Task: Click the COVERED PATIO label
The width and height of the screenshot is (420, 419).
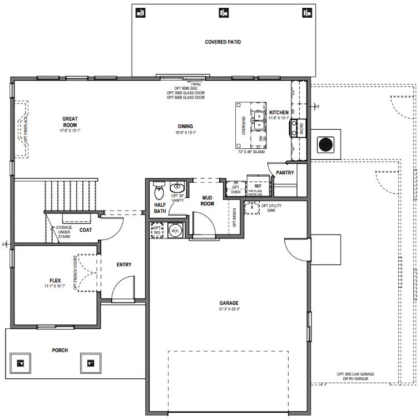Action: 223,42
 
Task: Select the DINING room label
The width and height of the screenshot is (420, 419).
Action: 185,126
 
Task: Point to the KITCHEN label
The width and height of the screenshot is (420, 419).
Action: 279,113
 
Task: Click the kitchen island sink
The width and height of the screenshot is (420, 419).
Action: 259,118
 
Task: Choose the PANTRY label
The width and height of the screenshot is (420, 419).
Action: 285,173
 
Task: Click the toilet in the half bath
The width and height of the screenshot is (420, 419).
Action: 159,191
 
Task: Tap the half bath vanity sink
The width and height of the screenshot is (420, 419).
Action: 177,187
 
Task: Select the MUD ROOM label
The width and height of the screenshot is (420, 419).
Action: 207,200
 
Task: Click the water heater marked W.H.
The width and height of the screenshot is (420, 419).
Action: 174,230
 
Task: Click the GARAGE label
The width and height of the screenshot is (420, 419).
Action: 229,304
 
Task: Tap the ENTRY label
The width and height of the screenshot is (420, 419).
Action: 123,264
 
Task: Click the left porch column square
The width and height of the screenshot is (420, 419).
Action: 21,363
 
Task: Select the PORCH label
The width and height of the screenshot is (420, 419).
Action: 60,350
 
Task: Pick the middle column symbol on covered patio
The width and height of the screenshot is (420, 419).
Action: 224,12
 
